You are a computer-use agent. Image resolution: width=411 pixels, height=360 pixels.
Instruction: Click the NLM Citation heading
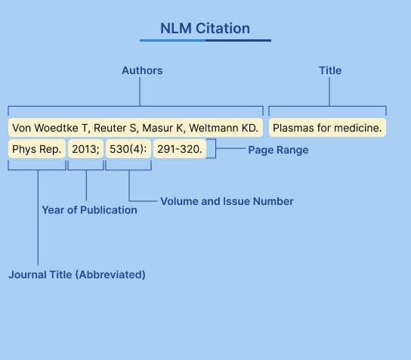205,28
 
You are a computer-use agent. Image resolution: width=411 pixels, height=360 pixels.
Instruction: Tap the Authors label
142,70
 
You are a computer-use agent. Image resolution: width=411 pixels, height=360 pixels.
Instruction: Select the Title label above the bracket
330,70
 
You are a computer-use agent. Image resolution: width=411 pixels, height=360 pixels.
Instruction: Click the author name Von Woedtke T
50,128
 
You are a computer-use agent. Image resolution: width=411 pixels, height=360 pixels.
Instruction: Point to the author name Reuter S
116,128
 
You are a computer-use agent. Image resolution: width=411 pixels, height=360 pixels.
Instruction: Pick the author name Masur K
163,128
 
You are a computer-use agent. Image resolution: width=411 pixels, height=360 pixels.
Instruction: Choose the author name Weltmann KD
224,128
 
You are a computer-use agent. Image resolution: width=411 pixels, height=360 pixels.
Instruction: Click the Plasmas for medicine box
327,128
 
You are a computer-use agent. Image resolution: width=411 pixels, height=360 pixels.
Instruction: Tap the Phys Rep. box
37,149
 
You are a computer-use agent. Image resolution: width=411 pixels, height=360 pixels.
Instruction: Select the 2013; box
85,149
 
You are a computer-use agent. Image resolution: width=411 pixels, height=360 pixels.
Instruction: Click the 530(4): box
128,149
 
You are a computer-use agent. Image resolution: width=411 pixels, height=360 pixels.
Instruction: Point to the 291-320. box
180,149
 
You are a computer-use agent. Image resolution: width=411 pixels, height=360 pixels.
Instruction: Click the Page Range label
278,150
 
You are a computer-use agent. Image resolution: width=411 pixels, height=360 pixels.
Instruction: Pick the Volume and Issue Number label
227,201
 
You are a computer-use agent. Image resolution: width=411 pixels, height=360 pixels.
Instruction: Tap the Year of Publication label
89,210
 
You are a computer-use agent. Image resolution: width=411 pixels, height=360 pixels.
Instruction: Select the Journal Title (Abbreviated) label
77,275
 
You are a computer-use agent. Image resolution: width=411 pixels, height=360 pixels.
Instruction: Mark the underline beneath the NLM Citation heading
205,40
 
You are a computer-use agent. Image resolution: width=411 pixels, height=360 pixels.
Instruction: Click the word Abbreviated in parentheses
110,275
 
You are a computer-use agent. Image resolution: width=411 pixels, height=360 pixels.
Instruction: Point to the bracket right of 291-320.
216,148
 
